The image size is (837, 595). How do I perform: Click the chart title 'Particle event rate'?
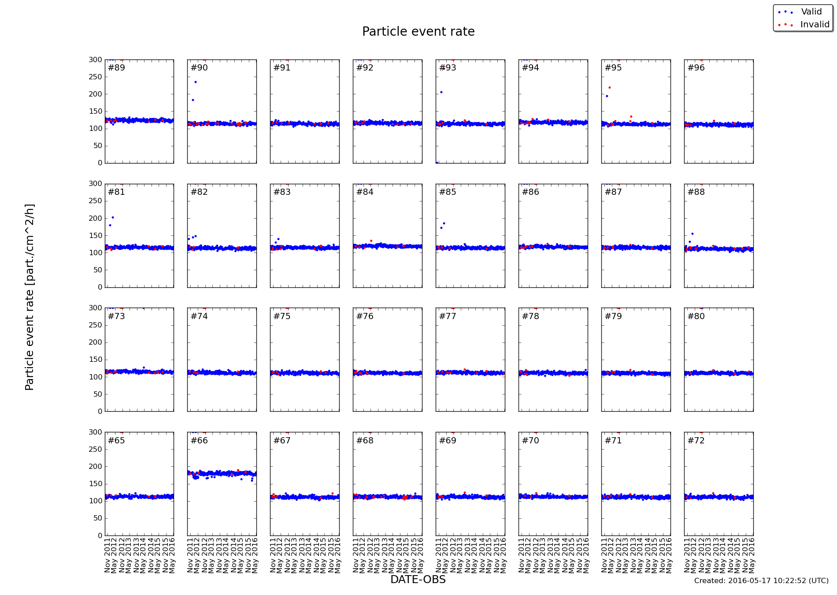click(x=418, y=32)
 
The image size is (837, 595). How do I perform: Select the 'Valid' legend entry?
click(x=811, y=12)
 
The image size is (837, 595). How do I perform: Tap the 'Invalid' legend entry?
click(x=815, y=25)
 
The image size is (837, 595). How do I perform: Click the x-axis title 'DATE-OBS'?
click(x=418, y=580)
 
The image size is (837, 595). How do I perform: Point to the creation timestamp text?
click(x=761, y=581)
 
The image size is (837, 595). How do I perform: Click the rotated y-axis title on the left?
click(x=30, y=297)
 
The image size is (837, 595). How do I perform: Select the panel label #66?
click(x=199, y=441)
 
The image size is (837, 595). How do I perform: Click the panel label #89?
click(x=116, y=68)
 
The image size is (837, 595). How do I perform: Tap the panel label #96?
click(x=696, y=68)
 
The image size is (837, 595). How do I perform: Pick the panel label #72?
click(x=696, y=441)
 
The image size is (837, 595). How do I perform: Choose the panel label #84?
click(x=365, y=192)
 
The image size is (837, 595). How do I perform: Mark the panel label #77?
click(x=448, y=316)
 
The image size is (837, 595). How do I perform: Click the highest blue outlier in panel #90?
click(x=196, y=82)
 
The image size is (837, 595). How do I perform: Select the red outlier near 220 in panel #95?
click(x=610, y=88)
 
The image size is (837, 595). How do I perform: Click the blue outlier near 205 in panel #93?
click(x=441, y=92)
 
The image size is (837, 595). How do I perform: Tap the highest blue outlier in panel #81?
click(x=113, y=217)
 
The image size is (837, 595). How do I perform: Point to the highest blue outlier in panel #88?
click(x=693, y=234)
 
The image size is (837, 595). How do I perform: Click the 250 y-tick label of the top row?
click(x=95, y=77)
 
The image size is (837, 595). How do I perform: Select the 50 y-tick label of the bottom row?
click(x=97, y=518)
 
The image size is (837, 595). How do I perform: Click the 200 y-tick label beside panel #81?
click(x=95, y=219)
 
